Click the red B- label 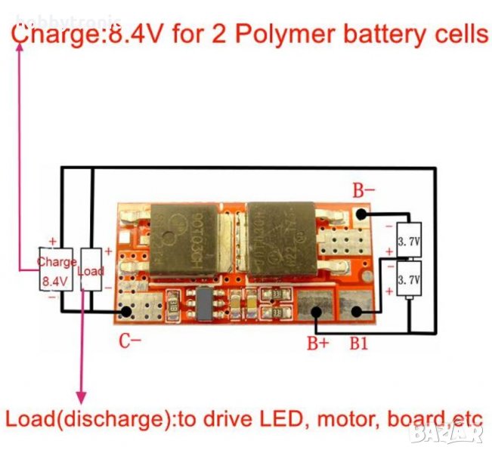tap(364, 190)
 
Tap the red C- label tap(129, 341)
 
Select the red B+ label tap(317, 344)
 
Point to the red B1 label tap(359, 344)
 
